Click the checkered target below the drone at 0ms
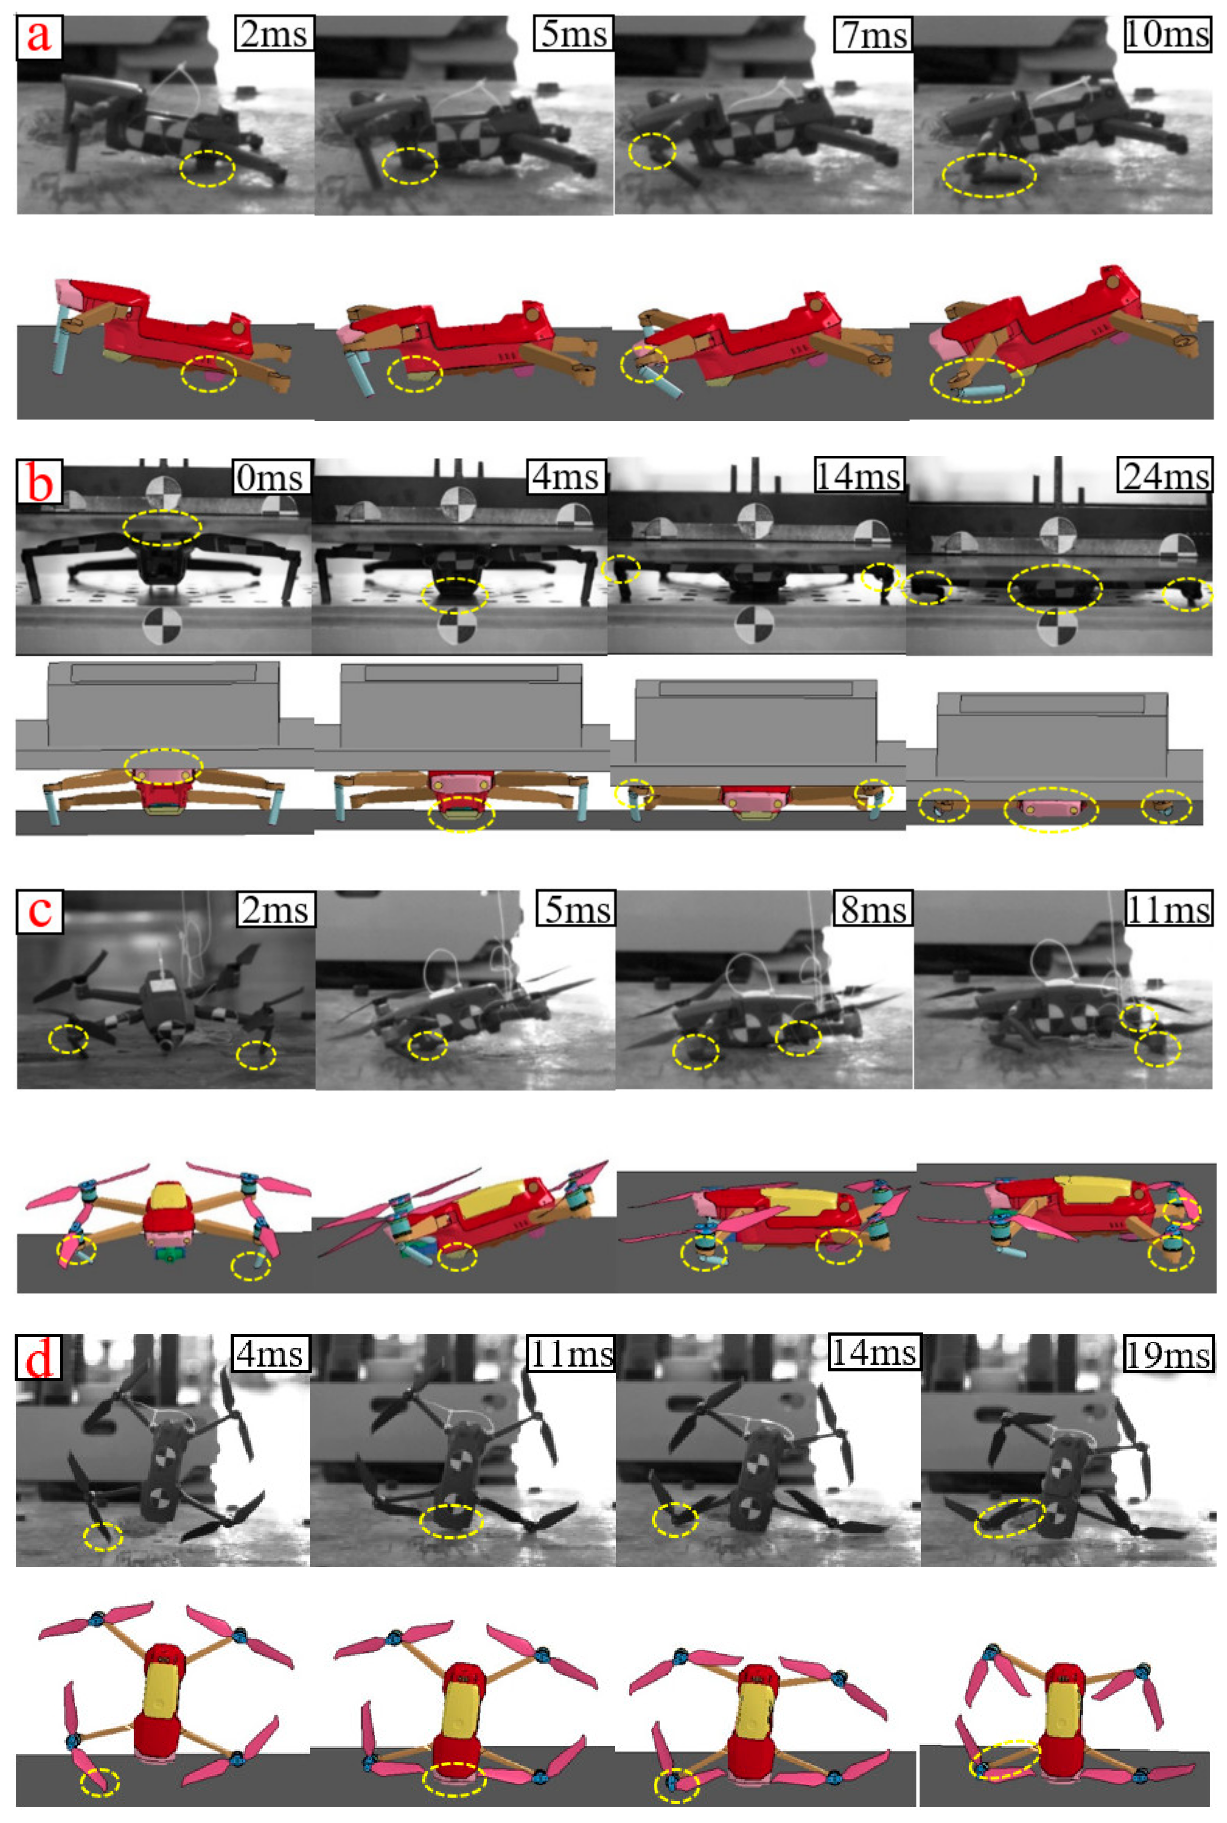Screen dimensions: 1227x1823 click(163, 626)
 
